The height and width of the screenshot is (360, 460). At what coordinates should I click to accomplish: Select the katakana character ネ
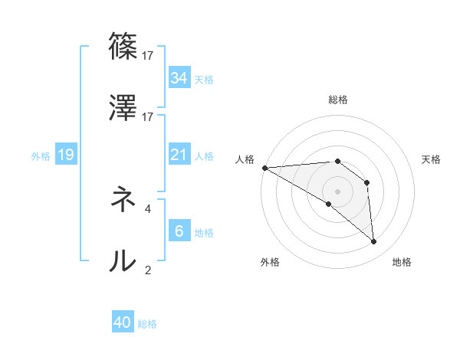(x=123, y=201)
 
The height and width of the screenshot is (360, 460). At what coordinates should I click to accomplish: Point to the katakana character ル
(x=123, y=262)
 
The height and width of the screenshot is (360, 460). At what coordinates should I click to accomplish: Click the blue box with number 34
(x=179, y=78)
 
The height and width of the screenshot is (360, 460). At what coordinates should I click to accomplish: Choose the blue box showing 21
(x=179, y=155)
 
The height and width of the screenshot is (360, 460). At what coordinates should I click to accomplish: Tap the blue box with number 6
(x=179, y=231)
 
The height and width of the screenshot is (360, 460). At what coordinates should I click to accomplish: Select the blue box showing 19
(x=66, y=155)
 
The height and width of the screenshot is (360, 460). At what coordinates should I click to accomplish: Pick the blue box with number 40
(x=123, y=323)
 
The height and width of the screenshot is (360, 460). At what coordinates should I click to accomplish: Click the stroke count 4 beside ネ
(x=148, y=208)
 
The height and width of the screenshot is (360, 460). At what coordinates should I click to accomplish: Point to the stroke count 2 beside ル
(x=148, y=269)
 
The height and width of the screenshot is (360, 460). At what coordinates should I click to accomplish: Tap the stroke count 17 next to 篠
(x=148, y=55)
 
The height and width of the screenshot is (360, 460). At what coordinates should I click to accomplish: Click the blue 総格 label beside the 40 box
(x=147, y=324)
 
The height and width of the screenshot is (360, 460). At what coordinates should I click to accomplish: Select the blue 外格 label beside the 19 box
(x=41, y=156)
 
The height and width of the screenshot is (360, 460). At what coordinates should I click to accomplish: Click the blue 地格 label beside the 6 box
(x=204, y=232)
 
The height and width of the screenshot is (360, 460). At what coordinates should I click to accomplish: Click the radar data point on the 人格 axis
(x=264, y=168)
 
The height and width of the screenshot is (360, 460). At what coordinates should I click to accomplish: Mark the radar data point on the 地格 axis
(x=373, y=242)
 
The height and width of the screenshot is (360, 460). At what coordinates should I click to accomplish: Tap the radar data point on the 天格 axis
(x=366, y=182)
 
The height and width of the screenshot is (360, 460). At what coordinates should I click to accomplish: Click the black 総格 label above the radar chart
(x=338, y=100)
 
